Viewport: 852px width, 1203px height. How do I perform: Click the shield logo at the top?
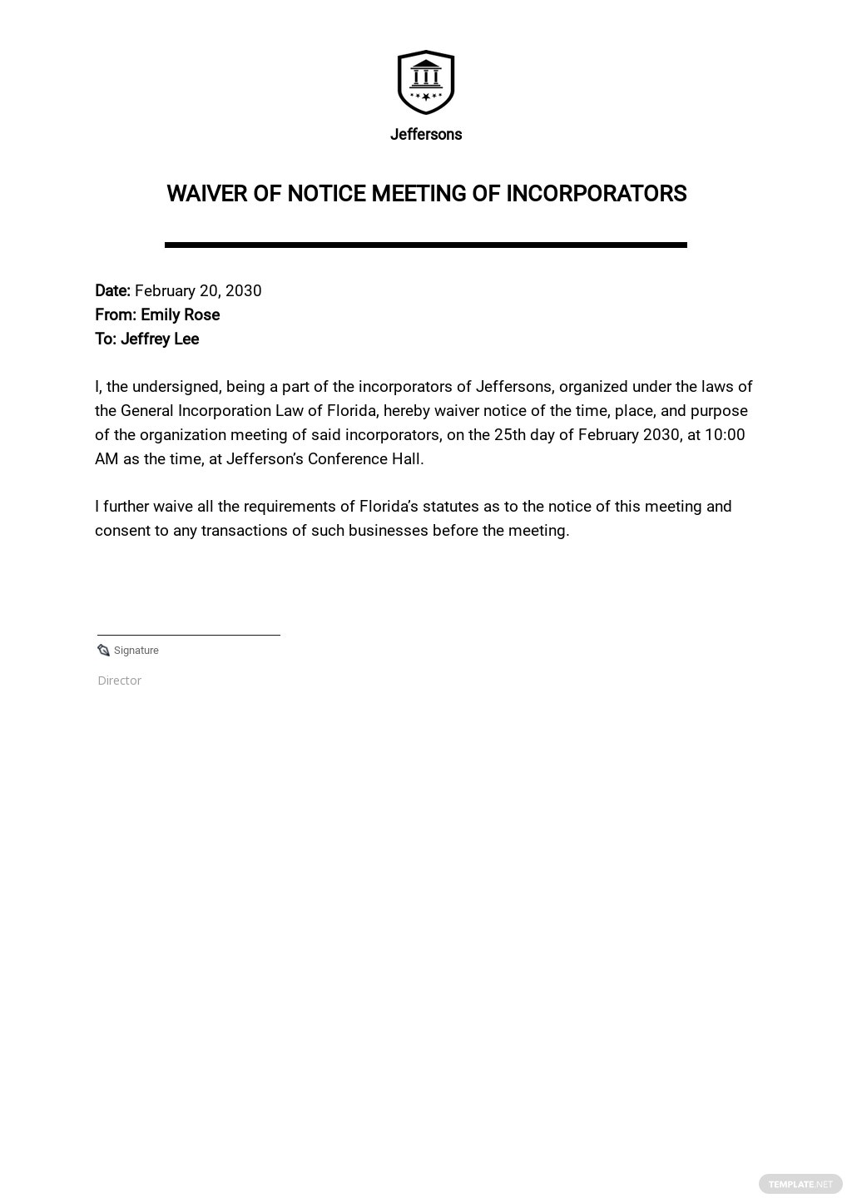point(426,82)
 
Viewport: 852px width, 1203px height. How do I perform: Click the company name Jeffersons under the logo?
point(426,135)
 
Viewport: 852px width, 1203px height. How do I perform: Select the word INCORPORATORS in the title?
point(597,194)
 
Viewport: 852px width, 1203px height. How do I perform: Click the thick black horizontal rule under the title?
point(426,245)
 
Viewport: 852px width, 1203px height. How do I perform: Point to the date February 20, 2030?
point(198,291)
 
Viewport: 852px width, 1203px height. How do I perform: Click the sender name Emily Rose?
point(180,315)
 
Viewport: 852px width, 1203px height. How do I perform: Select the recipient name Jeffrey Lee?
point(160,339)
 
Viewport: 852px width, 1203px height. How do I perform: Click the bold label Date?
point(112,291)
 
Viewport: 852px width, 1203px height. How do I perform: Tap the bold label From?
point(116,315)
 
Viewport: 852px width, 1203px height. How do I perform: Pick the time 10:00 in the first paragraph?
point(725,435)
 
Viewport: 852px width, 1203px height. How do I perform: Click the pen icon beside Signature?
point(104,651)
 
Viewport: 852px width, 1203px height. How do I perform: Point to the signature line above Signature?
point(189,635)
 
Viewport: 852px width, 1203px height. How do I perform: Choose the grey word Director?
point(120,681)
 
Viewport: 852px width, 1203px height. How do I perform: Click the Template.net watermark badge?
point(800,1184)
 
